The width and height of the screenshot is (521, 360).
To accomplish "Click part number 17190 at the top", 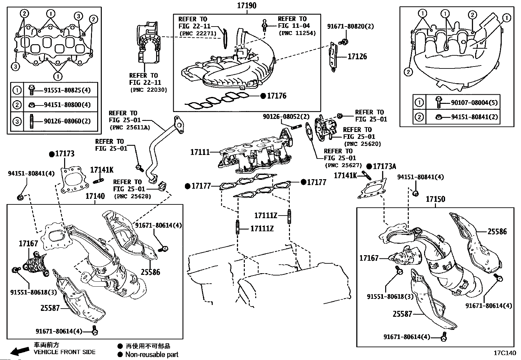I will tap(247, 6).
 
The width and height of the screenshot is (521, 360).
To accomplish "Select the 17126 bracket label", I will tap(357, 56).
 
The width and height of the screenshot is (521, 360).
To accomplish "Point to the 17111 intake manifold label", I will tap(200, 152).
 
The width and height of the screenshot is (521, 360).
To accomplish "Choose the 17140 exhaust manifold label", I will tap(95, 196).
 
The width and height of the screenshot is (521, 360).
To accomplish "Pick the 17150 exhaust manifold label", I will tap(435, 199).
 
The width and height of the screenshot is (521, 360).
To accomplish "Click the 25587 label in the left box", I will tap(50, 308).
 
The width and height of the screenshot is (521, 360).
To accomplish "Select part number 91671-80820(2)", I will tap(350, 26).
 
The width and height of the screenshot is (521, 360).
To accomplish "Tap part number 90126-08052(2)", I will tap(286, 117).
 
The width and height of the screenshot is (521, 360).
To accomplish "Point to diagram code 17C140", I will tap(505, 353).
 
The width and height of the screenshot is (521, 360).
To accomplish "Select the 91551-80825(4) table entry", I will tap(67, 90).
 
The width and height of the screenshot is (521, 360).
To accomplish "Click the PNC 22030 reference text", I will tap(148, 90).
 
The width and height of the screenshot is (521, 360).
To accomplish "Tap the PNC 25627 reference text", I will tap(343, 165).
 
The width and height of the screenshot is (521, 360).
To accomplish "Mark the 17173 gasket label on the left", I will tap(64, 154).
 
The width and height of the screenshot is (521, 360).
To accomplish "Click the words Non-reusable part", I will tap(152, 354).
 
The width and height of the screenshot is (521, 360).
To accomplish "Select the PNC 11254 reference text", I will tap(297, 33).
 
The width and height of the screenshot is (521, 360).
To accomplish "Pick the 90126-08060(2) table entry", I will tap(67, 121).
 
